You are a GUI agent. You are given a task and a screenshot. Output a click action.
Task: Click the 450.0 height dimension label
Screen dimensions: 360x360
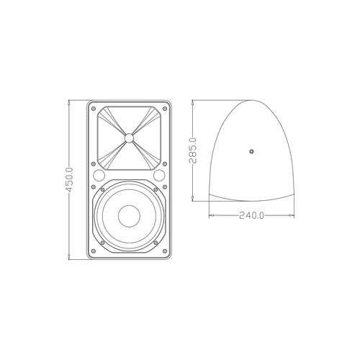point(70,179)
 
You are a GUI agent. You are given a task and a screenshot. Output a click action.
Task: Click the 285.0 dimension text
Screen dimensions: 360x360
point(193,151)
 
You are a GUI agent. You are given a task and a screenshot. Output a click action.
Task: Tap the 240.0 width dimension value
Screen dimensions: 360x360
point(251,215)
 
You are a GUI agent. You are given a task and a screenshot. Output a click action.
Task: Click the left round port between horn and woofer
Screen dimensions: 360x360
point(98,176)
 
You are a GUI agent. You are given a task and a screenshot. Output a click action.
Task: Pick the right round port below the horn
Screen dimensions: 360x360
point(160,176)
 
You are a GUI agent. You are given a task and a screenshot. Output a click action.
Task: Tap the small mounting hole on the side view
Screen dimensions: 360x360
point(251,151)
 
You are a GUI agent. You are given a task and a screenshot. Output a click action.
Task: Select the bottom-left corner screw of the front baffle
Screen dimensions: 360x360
point(92,251)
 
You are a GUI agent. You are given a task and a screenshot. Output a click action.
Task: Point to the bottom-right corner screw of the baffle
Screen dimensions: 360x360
point(166,251)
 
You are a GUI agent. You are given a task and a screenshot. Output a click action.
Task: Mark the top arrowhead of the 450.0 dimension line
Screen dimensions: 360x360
point(70,102)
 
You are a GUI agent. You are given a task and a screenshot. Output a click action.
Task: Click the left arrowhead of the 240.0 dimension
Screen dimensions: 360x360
point(208,215)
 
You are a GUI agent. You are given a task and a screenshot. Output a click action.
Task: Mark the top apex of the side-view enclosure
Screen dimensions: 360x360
point(251,101)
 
